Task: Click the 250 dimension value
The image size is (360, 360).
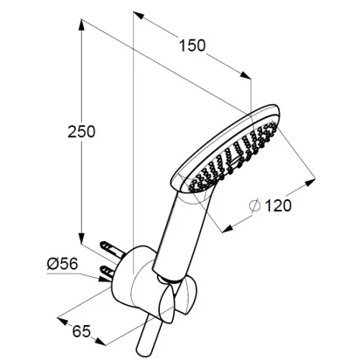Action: click(81, 132)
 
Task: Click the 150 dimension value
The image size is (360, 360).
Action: click(192, 45)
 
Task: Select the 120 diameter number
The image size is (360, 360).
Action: click(278, 206)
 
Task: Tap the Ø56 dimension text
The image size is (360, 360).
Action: click(62, 264)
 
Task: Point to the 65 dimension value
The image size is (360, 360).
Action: click(81, 331)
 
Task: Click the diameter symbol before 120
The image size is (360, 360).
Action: click(254, 205)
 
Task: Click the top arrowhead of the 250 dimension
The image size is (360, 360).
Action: click(82, 24)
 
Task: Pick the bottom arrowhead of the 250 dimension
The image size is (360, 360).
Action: click(82, 239)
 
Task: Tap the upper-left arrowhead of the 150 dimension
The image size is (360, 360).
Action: click(139, 15)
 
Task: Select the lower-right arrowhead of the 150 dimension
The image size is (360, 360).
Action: click(246, 75)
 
